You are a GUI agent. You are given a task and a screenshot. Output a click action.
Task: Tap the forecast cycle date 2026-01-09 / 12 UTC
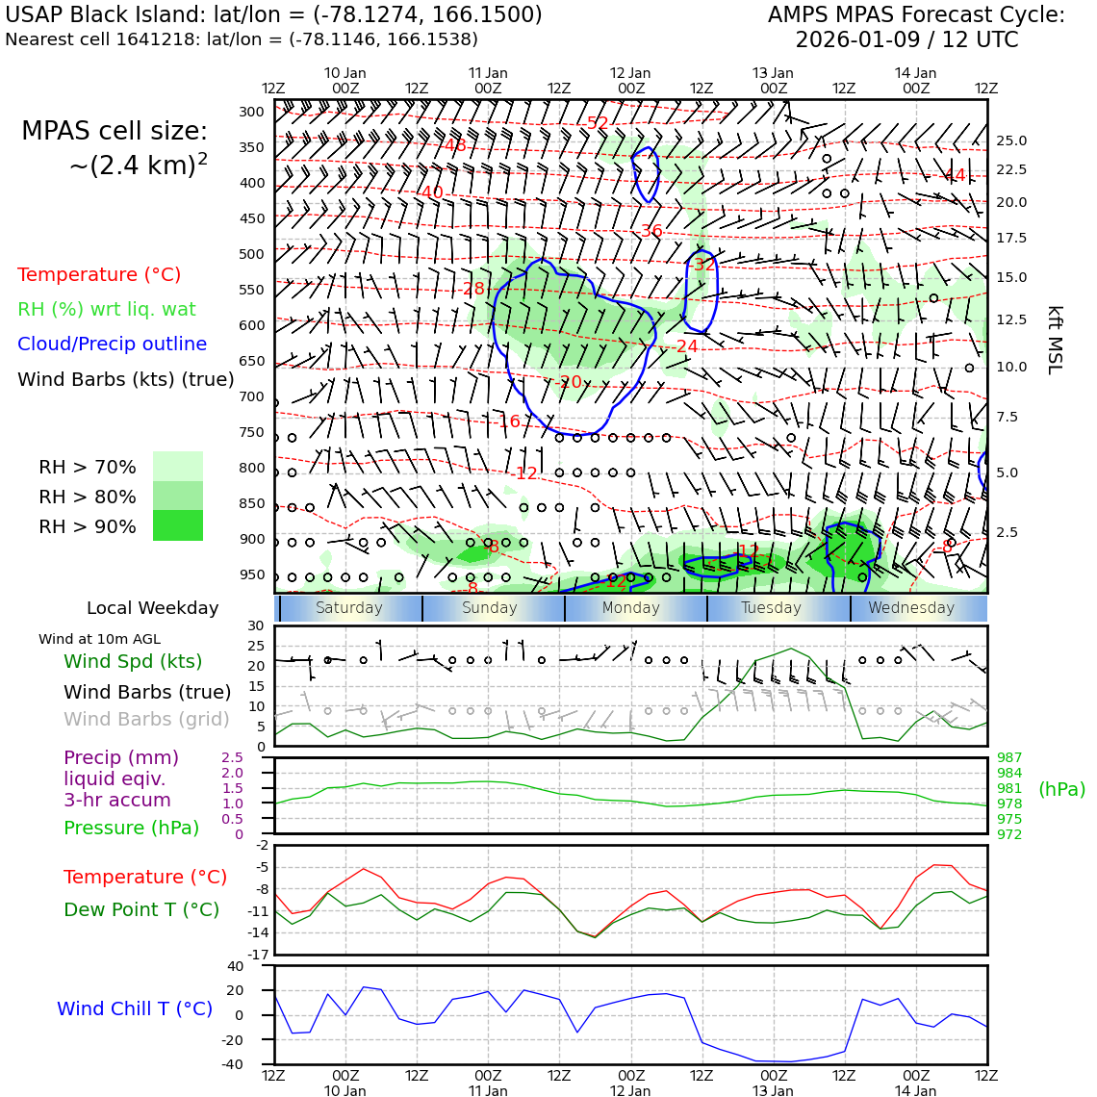[x=906, y=40]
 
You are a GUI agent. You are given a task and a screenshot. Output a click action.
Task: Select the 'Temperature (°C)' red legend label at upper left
[x=99, y=274]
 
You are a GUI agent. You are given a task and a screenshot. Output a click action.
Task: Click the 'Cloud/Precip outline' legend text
[x=112, y=344]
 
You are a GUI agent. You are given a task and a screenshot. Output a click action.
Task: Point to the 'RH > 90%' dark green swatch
[x=178, y=526]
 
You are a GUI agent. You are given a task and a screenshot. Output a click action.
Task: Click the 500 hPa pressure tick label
[x=251, y=254]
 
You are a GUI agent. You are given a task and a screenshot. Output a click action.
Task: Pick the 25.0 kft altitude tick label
[x=1011, y=140]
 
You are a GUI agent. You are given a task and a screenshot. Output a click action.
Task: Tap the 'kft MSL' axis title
[x=1055, y=340]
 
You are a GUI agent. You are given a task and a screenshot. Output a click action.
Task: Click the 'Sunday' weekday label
[x=490, y=608]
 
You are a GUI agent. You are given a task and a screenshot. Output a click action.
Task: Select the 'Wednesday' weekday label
[x=911, y=608]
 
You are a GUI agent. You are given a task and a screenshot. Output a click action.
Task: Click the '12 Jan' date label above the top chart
[x=630, y=73]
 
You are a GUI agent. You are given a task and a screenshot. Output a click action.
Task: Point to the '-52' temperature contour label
[x=597, y=123]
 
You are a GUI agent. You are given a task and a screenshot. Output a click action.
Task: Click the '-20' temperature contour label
[x=570, y=382]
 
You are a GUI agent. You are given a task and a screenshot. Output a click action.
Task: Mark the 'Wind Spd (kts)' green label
[x=133, y=662]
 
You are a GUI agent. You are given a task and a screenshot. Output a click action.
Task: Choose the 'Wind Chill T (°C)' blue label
[x=135, y=1008]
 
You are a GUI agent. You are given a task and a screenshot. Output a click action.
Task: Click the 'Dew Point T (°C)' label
[x=141, y=909]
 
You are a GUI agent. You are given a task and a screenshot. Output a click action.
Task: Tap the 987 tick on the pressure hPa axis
[x=1009, y=758]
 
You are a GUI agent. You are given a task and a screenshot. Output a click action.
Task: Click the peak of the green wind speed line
[x=791, y=649]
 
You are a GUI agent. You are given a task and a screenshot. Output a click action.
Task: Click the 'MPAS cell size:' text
[x=115, y=131]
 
